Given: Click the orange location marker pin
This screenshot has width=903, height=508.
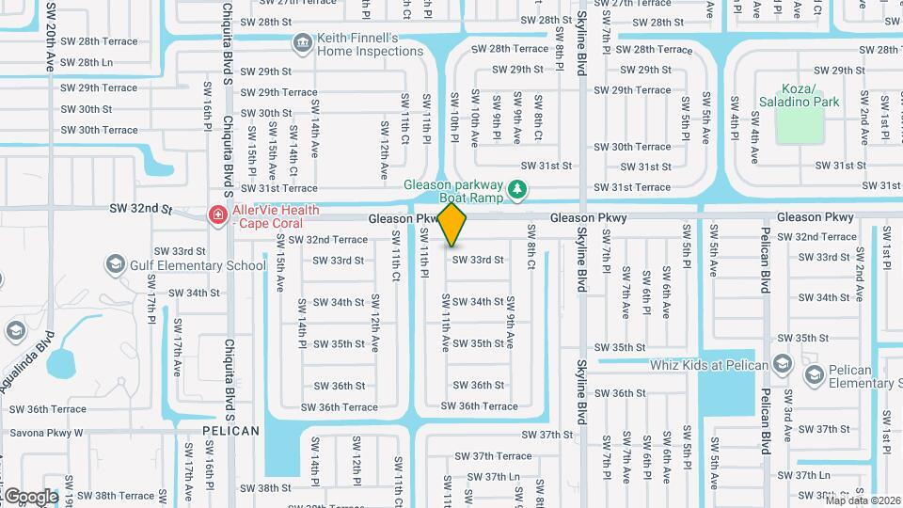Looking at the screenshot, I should [x=452, y=224].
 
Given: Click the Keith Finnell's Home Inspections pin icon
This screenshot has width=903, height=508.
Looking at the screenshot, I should [x=303, y=42].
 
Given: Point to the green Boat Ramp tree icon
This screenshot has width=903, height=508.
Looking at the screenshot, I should [x=516, y=191].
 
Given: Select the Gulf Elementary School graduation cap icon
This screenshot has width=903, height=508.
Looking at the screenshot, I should [x=116, y=264].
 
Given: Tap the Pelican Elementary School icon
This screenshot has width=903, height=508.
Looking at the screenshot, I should [x=815, y=376].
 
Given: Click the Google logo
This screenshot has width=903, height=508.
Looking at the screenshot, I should [x=30, y=496].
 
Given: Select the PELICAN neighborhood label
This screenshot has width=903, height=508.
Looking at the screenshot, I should [x=230, y=431].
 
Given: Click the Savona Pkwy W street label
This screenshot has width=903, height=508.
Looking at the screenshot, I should [x=47, y=433].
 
